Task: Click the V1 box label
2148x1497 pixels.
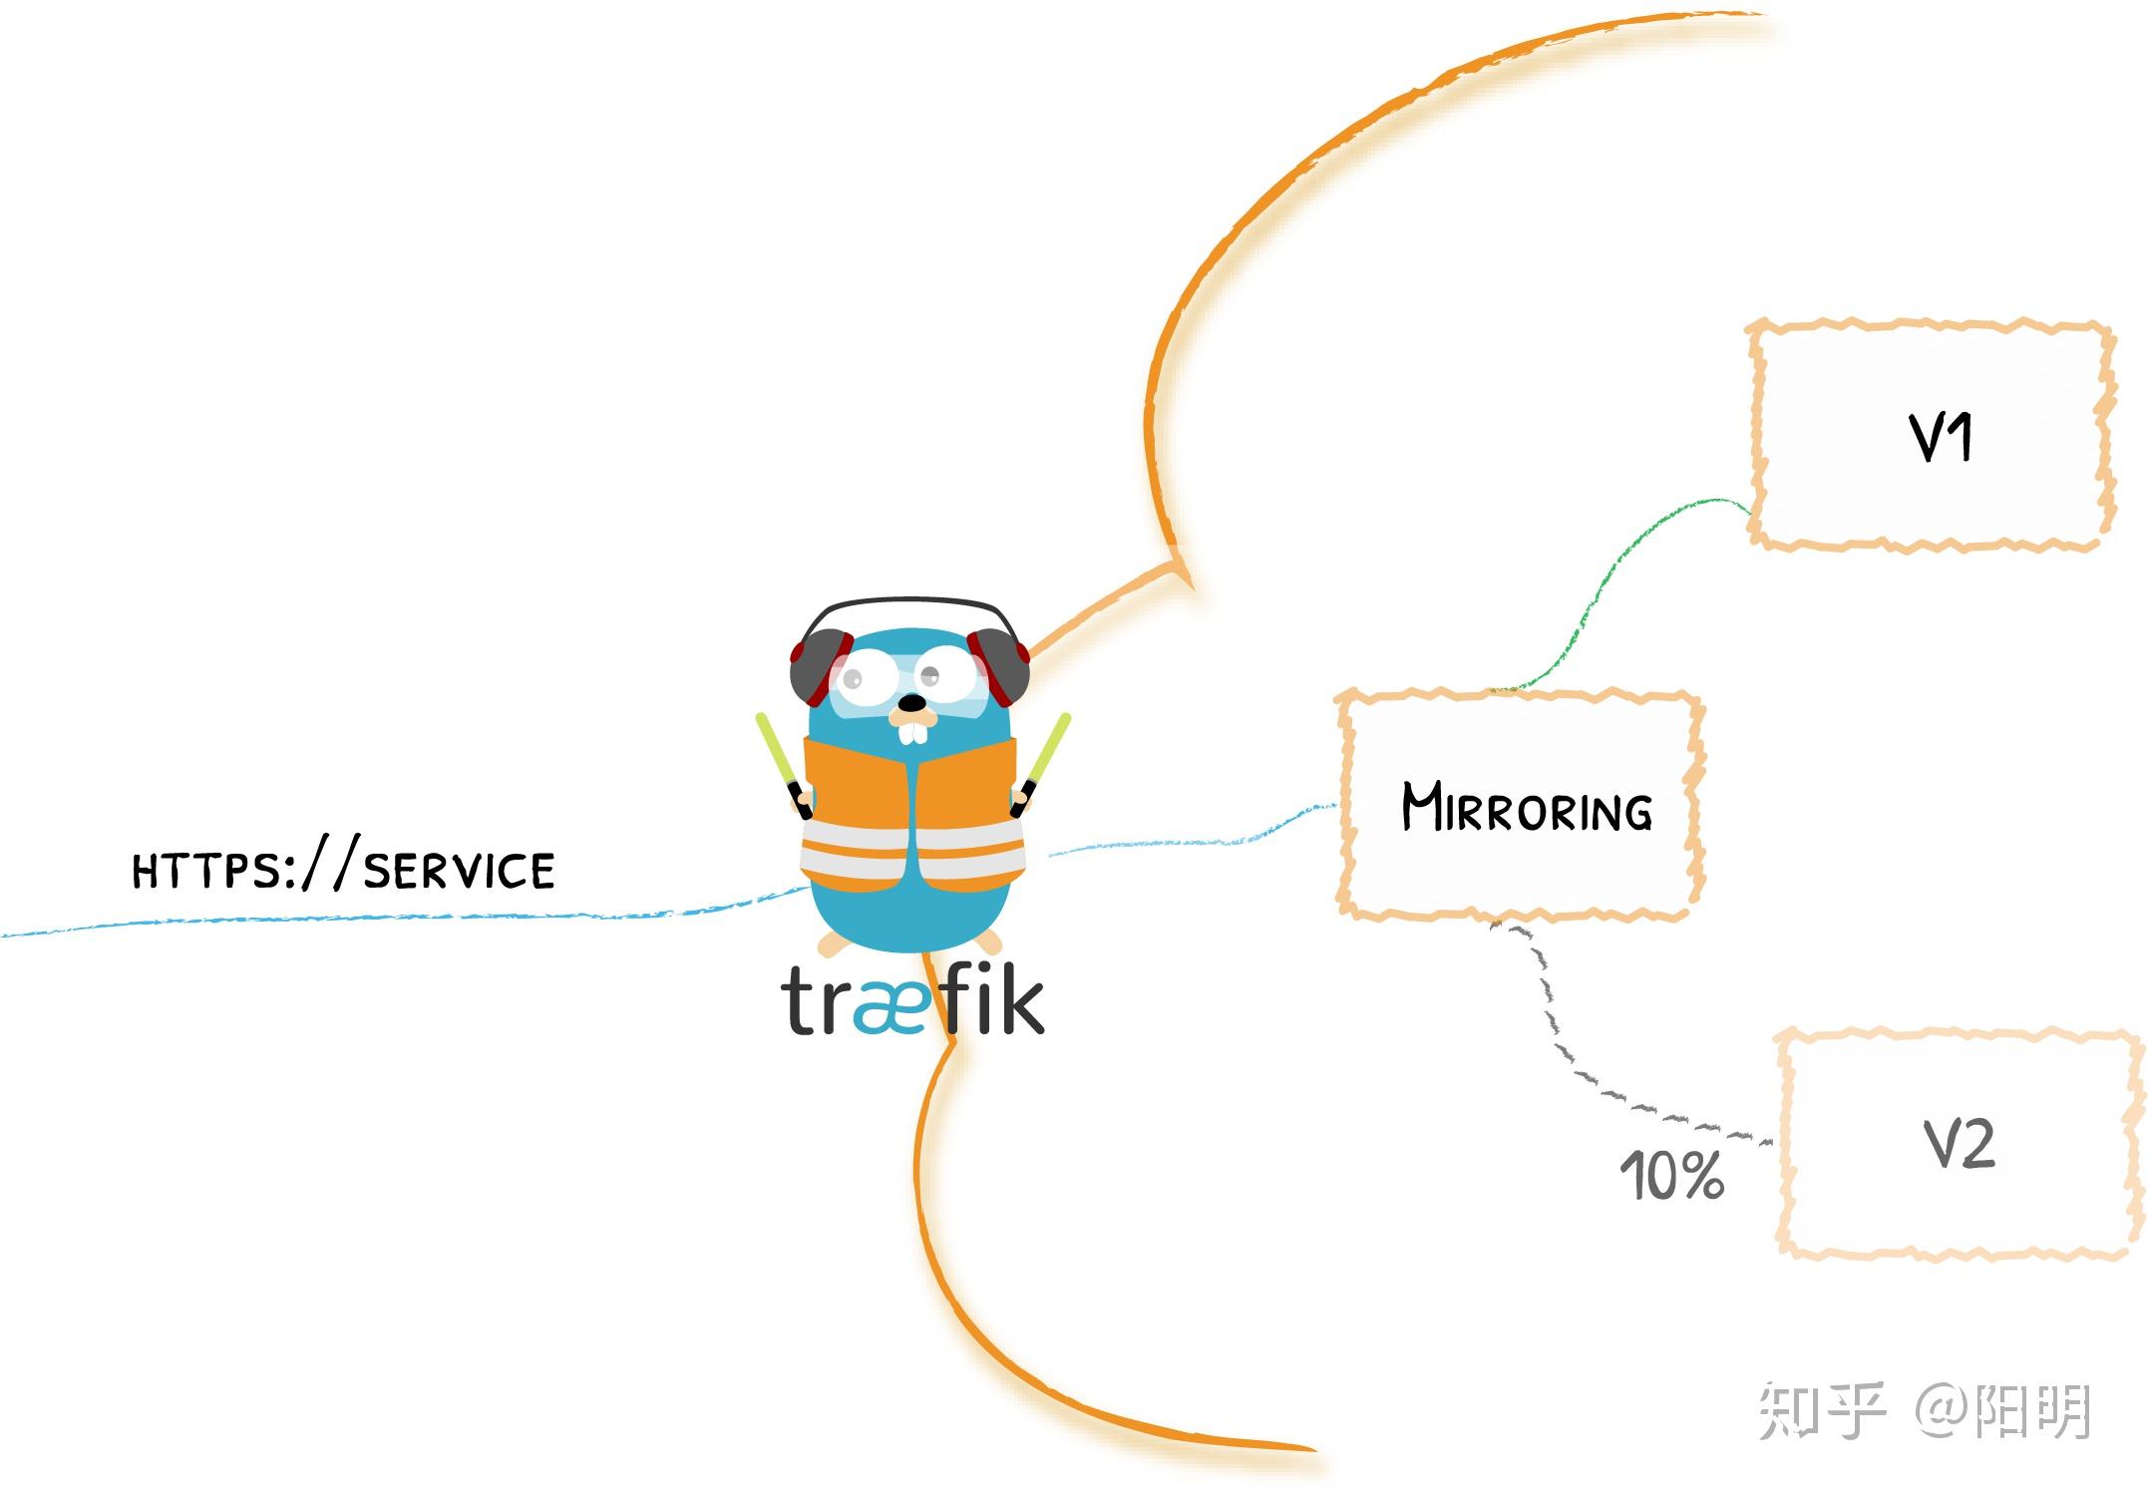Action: pos(1940,439)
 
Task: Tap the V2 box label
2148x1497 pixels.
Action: pos(1959,1144)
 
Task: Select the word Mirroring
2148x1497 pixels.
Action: pos(1526,808)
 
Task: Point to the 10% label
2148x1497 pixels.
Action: pos(1671,1176)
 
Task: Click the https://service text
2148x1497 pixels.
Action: pos(343,870)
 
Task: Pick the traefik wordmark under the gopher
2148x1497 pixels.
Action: pos(912,1000)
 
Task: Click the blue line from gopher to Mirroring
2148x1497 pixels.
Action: pos(1197,843)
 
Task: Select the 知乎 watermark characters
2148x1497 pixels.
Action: pos(1820,1411)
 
